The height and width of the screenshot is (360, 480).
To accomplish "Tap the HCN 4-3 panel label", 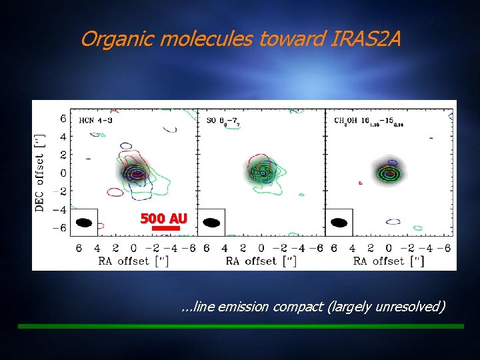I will coord(95,120).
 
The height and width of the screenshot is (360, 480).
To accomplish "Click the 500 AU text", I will coord(163,219).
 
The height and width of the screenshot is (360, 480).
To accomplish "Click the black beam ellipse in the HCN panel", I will coord(85,223).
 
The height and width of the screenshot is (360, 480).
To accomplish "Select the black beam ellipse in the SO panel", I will coord(212,223).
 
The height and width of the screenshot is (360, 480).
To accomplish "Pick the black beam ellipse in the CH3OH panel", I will coord(339,223).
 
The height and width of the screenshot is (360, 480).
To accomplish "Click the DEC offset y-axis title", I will coord(39,173).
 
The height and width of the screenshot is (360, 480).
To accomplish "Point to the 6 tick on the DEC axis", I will coord(63,119).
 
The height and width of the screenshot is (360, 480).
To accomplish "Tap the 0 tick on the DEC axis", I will coord(63,173).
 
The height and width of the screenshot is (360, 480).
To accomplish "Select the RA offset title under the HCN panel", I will coord(134,261).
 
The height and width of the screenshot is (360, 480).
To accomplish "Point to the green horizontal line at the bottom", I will coord(240,326).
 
